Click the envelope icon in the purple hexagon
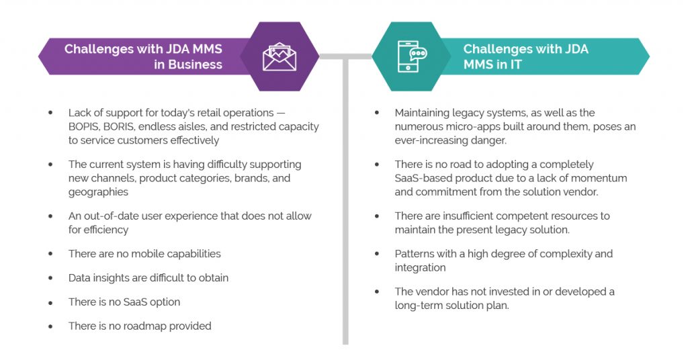279,56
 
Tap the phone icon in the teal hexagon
412,56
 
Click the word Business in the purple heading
196,64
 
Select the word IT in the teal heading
515,64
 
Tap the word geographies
98,192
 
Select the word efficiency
106,230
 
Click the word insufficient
475,216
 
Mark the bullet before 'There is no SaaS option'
51,302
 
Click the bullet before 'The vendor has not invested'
377,292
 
